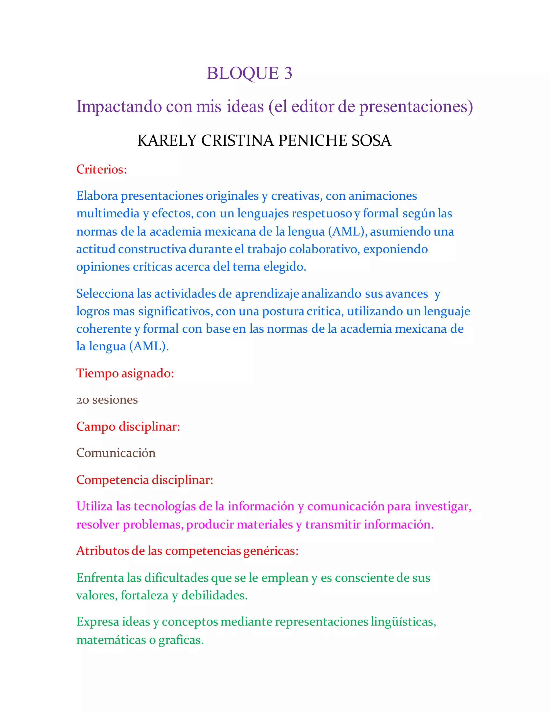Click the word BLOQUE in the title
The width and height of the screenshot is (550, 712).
point(243,73)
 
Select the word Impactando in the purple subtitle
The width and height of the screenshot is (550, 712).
point(119,107)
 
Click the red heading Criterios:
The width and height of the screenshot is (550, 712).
point(101,169)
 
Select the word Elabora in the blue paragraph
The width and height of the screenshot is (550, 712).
point(97,196)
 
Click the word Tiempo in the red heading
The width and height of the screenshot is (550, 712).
point(97,373)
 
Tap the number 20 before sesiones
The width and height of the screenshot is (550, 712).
point(82,400)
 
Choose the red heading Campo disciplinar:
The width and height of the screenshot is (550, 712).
point(128,426)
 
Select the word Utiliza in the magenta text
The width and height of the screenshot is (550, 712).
point(94,506)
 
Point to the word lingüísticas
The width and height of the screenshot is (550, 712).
point(403,622)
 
